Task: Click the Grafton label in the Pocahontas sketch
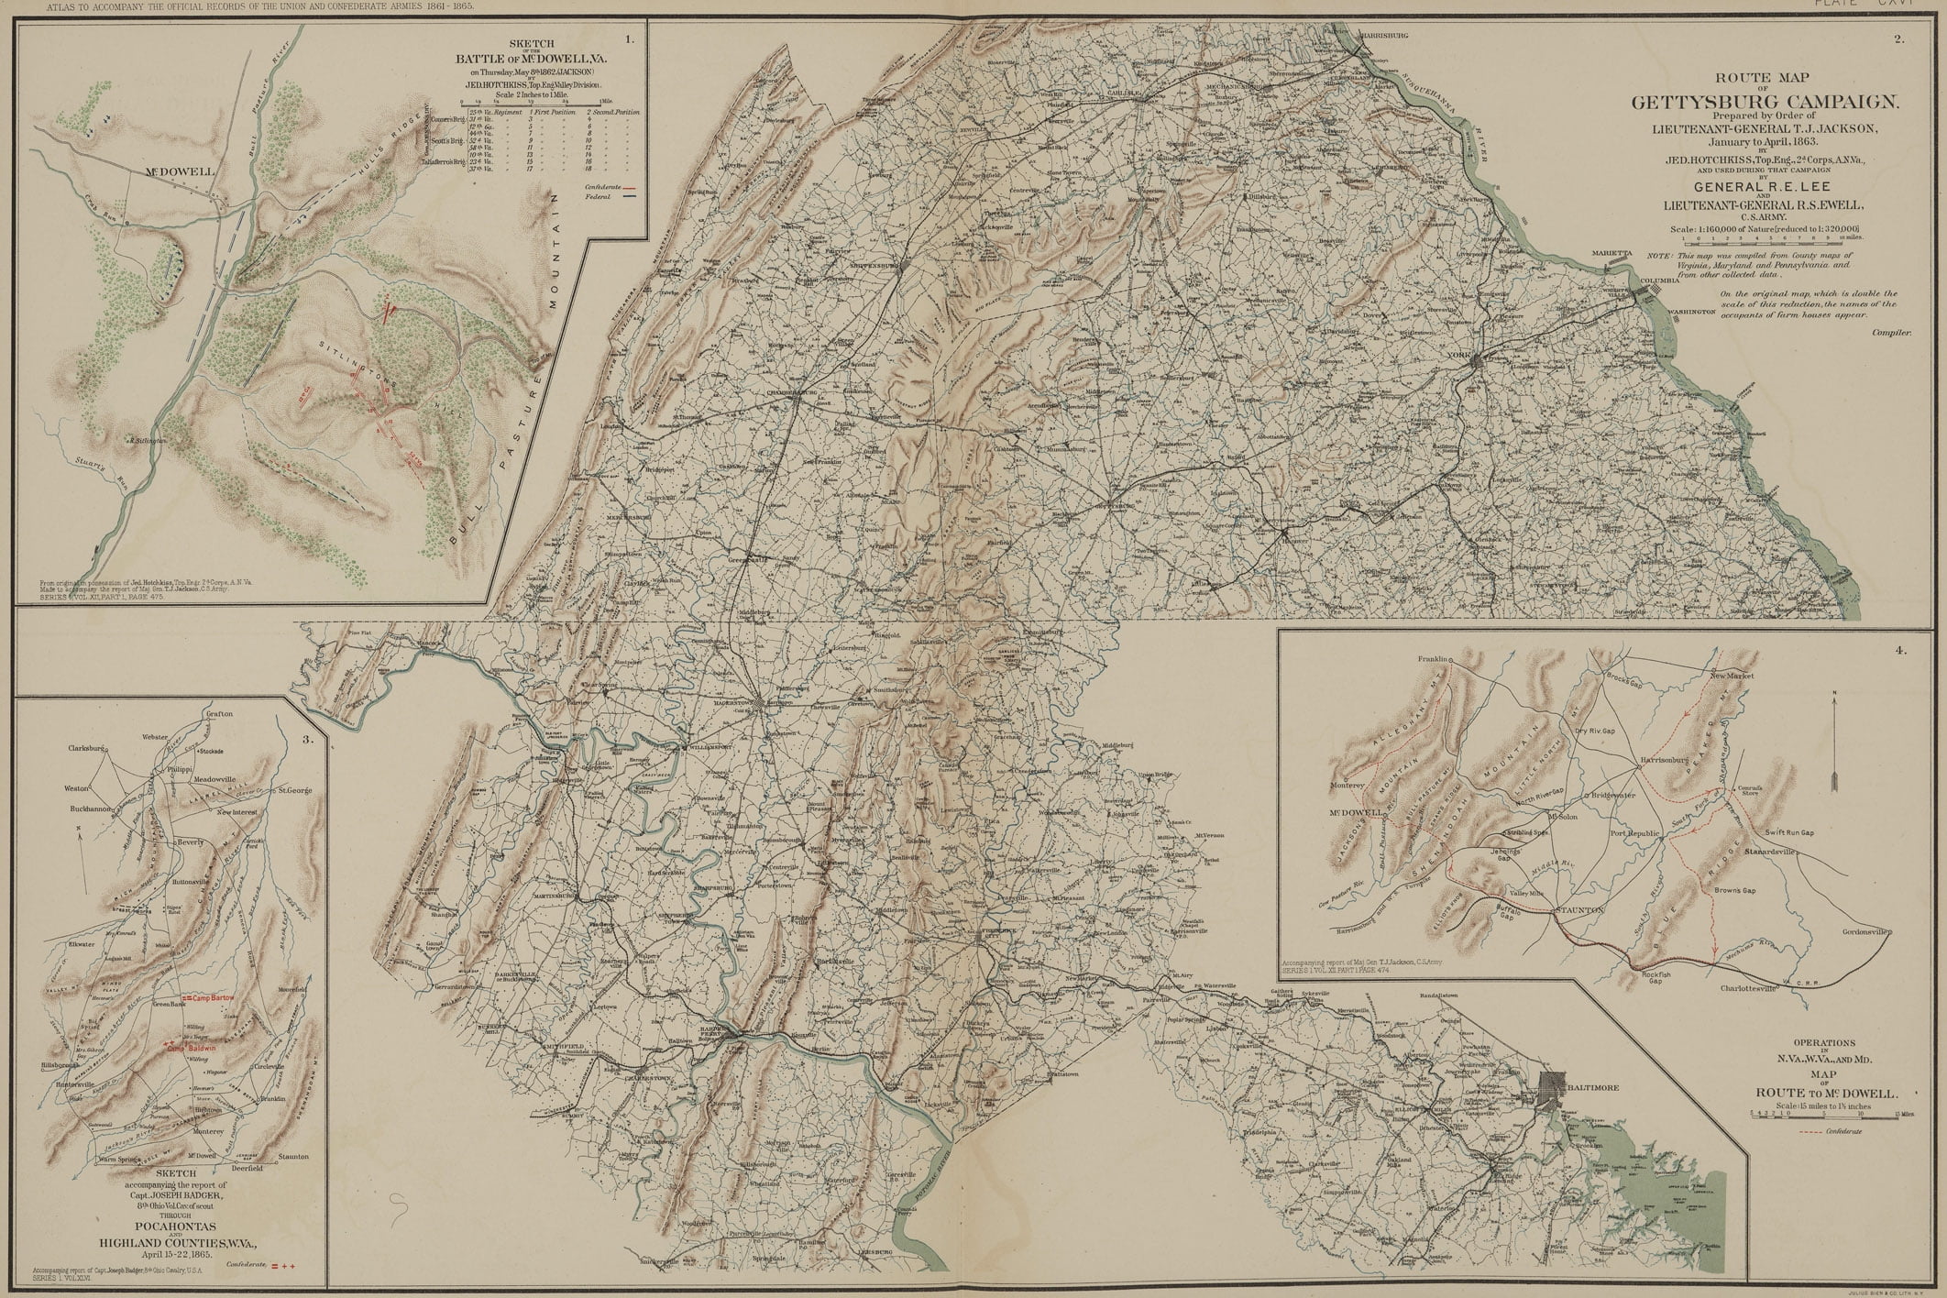click(220, 714)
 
